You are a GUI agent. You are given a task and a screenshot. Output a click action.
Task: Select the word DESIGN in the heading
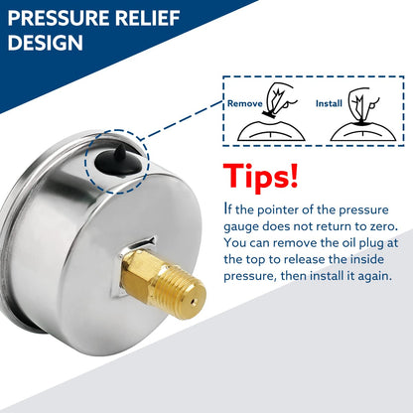tap(45, 43)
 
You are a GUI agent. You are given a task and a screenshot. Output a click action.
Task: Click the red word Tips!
tap(261, 177)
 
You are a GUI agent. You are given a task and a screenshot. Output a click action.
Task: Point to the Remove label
tap(245, 103)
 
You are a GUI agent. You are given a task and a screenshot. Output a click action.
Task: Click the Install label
tap(329, 103)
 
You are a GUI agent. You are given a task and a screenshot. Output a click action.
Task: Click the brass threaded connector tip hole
tap(195, 302)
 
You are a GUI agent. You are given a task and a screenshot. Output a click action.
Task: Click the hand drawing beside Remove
tap(280, 99)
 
